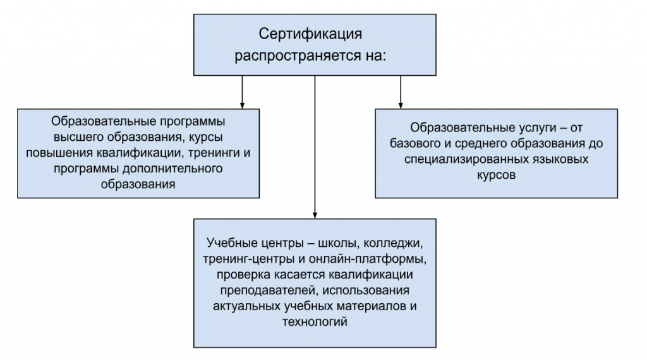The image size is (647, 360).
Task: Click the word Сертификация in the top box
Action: (310, 34)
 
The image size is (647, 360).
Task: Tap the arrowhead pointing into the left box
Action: (242, 105)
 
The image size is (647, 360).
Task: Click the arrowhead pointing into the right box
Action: (400, 105)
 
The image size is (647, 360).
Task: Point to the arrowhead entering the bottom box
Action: (315, 215)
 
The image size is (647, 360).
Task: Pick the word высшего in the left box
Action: (79, 137)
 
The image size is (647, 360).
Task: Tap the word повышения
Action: (59, 153)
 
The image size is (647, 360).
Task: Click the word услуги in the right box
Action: (537, 128)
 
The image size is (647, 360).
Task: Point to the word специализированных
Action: (464, 159)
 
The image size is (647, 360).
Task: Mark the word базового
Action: (415, 143)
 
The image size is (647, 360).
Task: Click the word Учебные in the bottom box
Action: (233, 243)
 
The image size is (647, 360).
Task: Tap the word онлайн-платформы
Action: (368, 259)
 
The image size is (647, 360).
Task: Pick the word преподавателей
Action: (269, 291)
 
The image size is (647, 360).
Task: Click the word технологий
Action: (315, 321)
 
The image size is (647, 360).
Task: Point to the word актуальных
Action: (247, 306)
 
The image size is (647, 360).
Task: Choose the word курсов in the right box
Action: (497, 175)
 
